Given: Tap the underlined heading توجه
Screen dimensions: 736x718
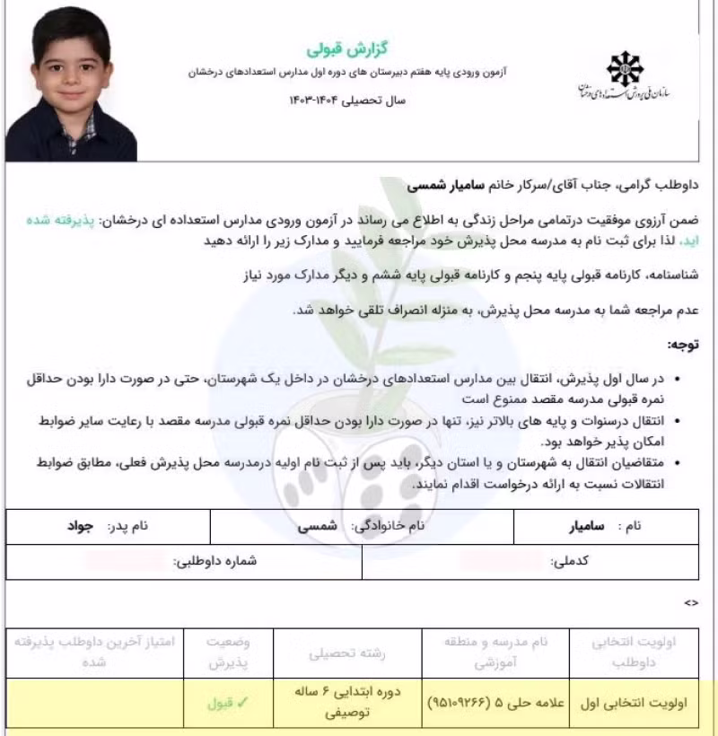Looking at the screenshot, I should pos(683,344).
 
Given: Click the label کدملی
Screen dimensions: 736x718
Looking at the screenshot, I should pos(569,562).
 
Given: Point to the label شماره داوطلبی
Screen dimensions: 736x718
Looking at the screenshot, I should pos(216,562).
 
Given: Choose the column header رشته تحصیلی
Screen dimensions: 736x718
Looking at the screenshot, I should pos(347,653).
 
